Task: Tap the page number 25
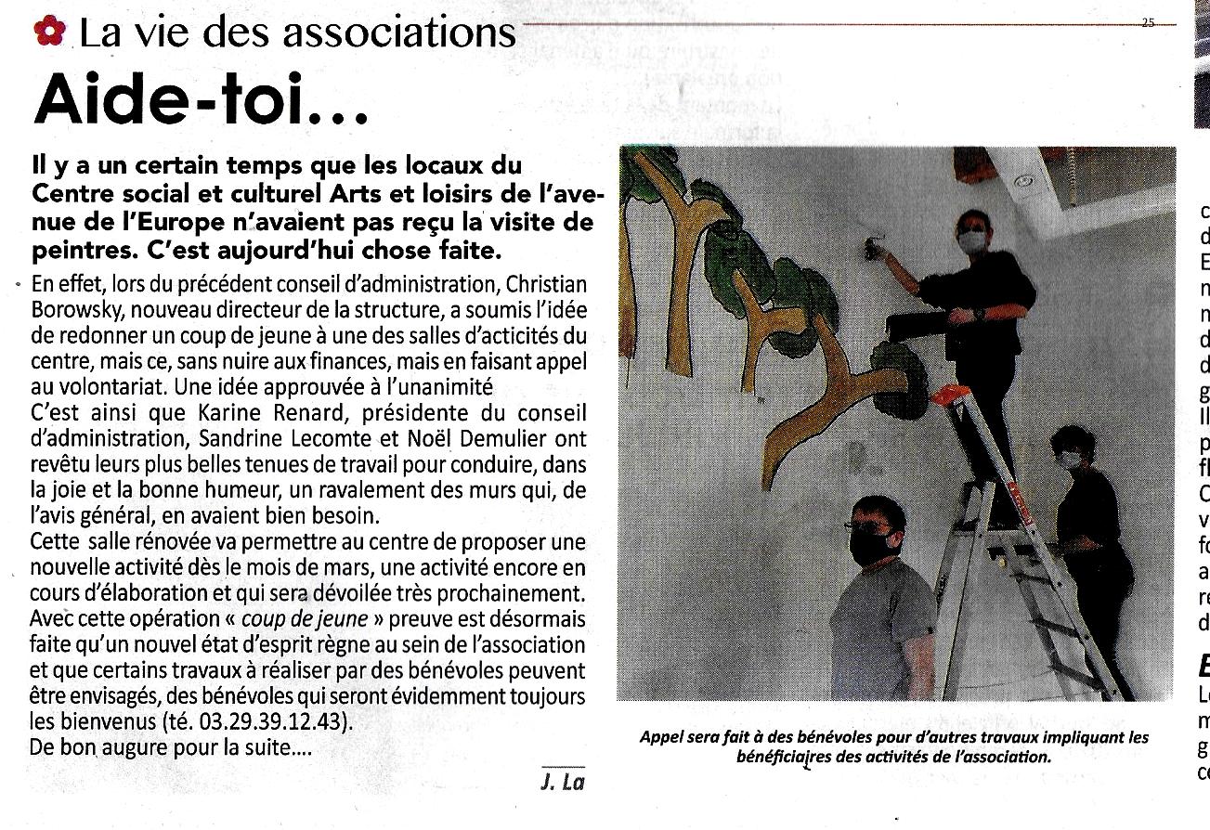coord(1148,23)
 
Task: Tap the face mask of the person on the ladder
coord(970,242)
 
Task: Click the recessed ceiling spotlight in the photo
coord(1024,184)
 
